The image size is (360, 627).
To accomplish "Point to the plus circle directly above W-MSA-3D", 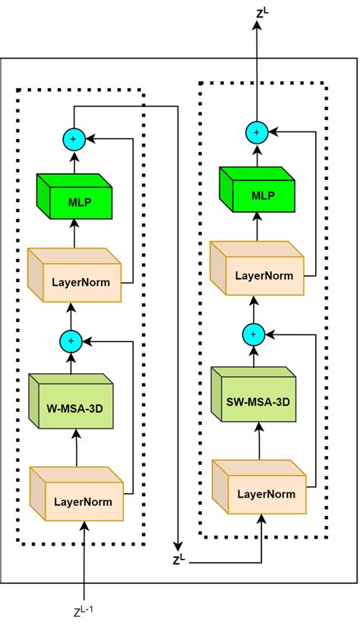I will point(73,342).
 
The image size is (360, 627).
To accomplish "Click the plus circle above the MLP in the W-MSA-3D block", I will point(73,139).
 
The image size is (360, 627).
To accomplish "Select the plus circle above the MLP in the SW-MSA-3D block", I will point(256,132).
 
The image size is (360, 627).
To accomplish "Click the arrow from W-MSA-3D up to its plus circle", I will point(73,363).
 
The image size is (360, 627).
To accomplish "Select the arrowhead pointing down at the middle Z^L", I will point(178,546).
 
